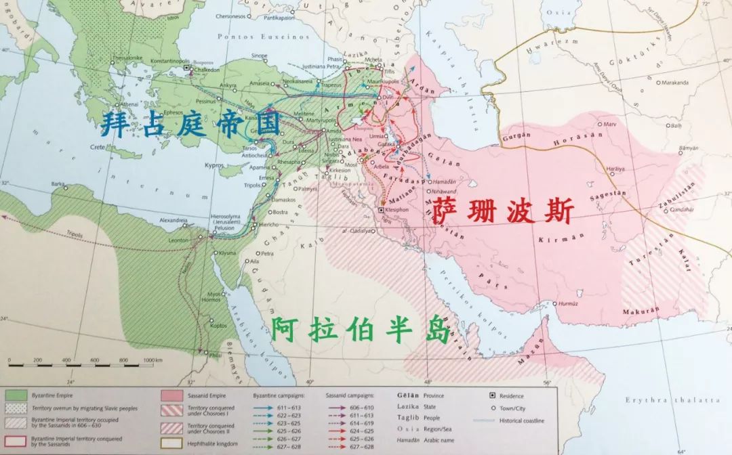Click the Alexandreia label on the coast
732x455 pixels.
click(x=174, y=220)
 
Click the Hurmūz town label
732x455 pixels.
click(x=571, y=303)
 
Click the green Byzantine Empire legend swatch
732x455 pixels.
click(x=16, y=395)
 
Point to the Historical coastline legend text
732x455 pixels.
click(x=523, y=420)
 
